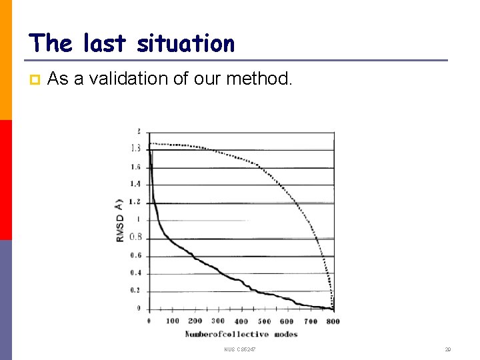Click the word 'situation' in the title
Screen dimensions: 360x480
click(185, 44)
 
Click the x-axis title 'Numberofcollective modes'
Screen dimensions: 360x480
click(241, 334)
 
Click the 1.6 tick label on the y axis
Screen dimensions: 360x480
click(135, 167)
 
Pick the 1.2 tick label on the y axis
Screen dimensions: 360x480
click(135, 202)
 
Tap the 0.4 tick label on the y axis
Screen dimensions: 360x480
click(135, 273)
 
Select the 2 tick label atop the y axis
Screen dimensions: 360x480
click(138, 131)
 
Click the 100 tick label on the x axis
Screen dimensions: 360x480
click(173, 321)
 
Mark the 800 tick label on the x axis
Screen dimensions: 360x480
click(333, 321)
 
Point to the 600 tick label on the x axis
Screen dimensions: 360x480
click(287, 321)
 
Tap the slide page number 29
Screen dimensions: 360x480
click(448, 349)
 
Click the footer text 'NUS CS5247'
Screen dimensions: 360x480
click(240, 349)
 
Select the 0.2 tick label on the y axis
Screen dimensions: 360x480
click(135, 291)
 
